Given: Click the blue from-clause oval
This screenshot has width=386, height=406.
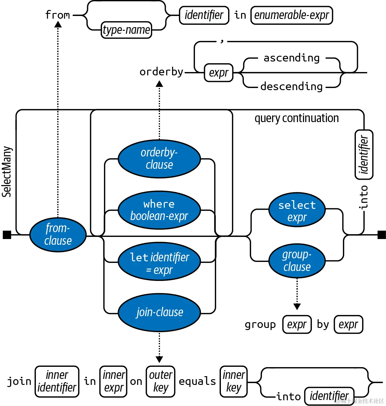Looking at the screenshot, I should (58, 234).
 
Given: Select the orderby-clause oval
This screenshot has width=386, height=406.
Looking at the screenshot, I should (159, 159).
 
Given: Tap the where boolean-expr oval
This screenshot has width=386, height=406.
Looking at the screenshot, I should (159, 210).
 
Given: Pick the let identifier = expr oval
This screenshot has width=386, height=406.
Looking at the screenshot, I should (159, 262).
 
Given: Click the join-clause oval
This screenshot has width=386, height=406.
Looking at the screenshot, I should (159, 313).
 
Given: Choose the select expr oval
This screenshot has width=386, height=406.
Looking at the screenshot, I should (297, 210).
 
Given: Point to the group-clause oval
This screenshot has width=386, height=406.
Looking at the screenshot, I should (297, 261).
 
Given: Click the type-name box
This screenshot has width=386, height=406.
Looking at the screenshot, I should (126, 30).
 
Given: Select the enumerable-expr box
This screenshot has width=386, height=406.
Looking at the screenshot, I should (291, 15).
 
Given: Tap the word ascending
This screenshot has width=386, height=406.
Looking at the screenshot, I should (291, 58).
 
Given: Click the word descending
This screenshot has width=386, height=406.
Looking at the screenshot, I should (291, 87).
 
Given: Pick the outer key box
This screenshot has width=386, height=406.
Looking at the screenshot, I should (160, 381).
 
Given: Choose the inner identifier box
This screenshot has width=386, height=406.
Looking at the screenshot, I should (57, 381).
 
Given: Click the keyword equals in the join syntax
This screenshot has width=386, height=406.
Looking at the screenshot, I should (197, 381).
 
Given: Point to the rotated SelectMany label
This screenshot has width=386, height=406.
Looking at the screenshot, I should (7, 172).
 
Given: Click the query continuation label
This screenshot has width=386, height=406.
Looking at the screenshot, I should (297, 118).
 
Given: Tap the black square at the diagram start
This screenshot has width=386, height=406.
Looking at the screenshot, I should (7, 235).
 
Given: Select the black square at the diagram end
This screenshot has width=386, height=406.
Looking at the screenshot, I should (381, 235).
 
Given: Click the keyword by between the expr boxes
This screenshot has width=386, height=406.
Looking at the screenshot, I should (323, 325).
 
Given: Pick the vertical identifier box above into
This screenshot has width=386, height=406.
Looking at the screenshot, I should (364, 155).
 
